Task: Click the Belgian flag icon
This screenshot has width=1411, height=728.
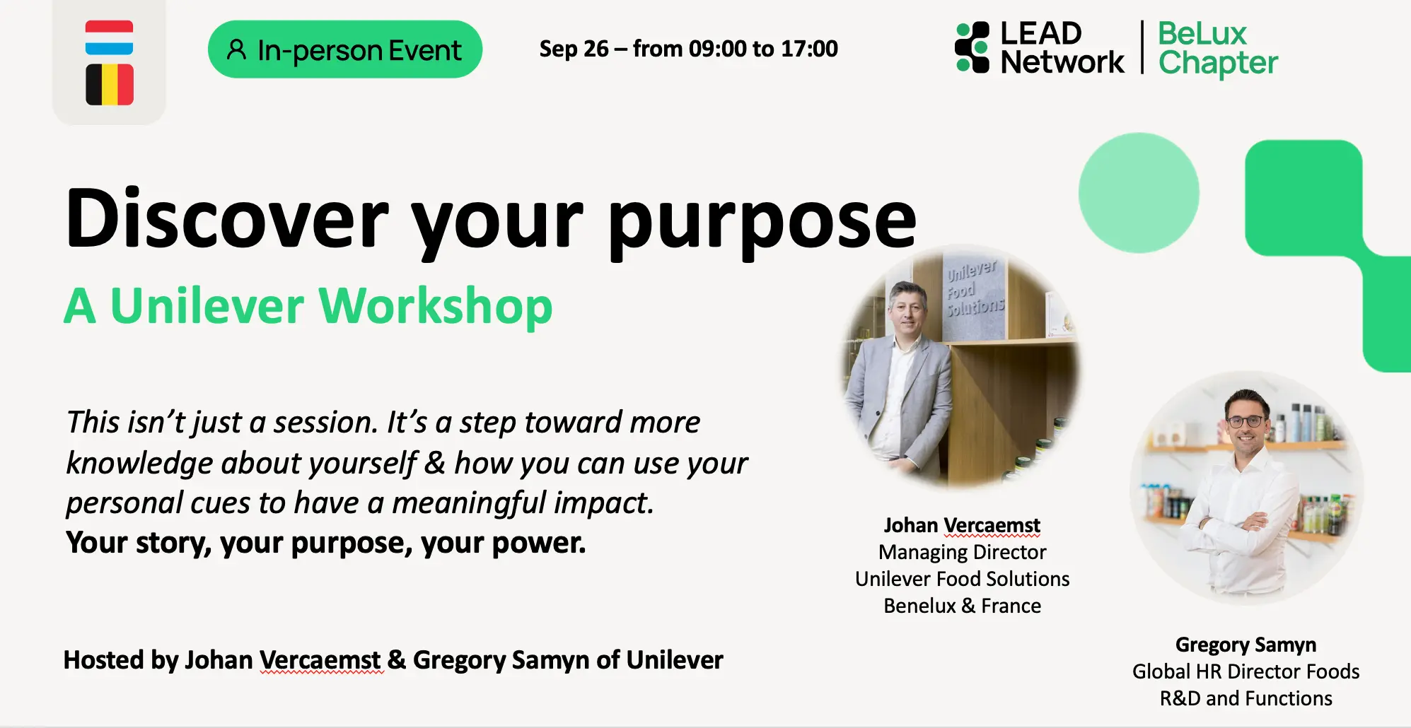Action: click(x=110, y=85)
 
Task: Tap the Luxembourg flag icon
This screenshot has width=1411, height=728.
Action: click(x=109, y=37)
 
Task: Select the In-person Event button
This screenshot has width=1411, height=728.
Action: click(x=345, y=49)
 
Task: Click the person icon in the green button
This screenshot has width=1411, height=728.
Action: click(x=236, y=49)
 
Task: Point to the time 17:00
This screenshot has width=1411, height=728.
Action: click(x=810, y=49)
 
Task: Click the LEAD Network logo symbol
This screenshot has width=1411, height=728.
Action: click(x=972, y=47)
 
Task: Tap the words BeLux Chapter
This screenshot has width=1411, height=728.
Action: click(x=1218, y=48)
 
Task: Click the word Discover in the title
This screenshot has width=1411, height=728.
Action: click(x=227, y=218)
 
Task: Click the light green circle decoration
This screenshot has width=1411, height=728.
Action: click(x=1139, y=193)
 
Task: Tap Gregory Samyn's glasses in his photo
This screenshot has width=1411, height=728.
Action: click(x=1246, y=421)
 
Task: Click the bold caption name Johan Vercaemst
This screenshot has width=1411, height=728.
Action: click(x=962, y=525)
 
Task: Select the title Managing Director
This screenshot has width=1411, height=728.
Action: click(x=962, y=552)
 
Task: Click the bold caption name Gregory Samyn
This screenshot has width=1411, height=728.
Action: click(x=1245, y=645)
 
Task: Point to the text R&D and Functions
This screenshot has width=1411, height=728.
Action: click(x=1245, y=698)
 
